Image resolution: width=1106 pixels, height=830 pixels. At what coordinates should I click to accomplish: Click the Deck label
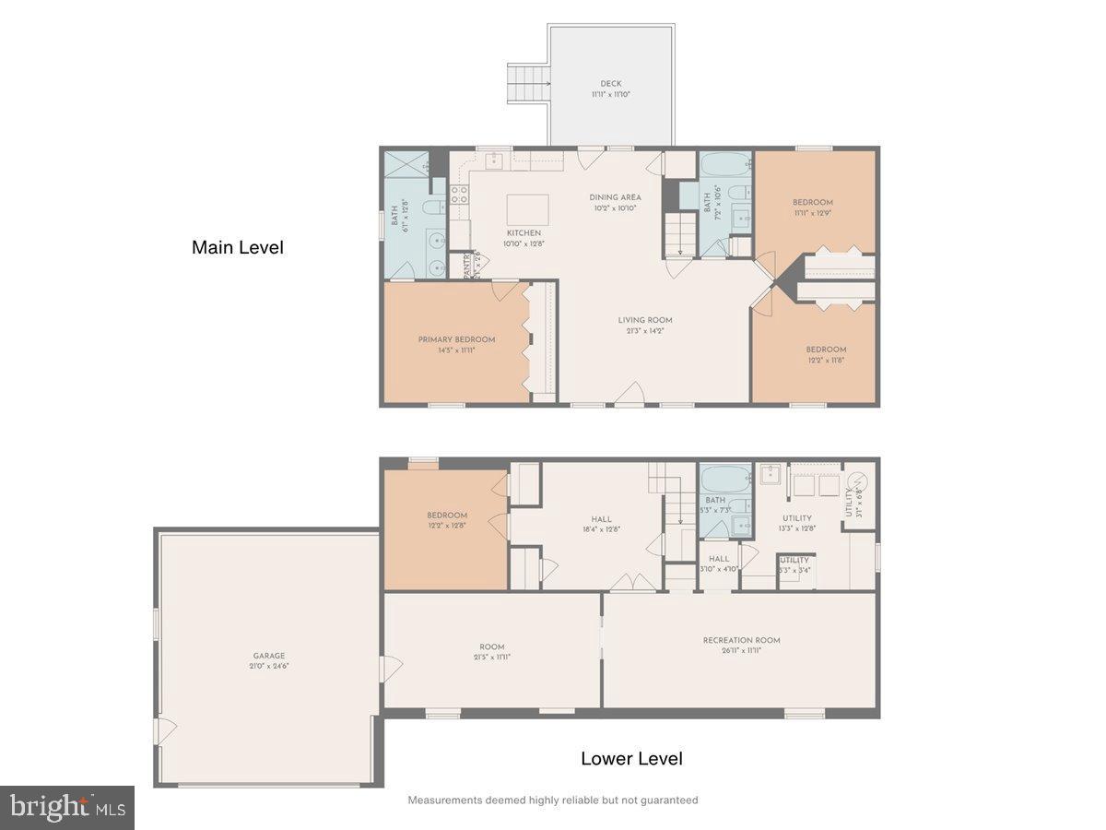[605, 84]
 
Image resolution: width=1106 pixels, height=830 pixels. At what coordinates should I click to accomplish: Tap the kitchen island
[527, 209]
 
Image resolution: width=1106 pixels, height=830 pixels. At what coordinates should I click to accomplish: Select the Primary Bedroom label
[456, 339]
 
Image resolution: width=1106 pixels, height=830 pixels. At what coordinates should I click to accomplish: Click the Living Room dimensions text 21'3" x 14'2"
[645, 331]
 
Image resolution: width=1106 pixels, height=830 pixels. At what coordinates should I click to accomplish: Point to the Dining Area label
[615, 197]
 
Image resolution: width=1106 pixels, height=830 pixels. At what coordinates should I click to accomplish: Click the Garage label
[269, 656]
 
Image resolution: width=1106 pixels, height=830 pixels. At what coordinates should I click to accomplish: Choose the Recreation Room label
[741, 640]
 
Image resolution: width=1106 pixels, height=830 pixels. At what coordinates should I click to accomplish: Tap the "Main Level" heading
[237, 247]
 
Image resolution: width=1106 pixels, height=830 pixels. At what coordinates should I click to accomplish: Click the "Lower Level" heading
[631, 759]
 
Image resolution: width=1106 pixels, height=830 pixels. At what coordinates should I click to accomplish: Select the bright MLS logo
[67, 807]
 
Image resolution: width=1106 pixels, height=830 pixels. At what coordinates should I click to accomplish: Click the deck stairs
[528, 84]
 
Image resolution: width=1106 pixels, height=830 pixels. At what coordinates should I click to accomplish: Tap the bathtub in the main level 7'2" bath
[724, 168]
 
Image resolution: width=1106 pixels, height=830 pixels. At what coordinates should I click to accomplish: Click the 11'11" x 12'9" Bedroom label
[812, 203]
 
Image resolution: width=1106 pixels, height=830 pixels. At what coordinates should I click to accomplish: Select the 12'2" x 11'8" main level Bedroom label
[825, 350]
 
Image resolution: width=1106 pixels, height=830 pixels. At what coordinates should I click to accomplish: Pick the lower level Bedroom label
[446, 516]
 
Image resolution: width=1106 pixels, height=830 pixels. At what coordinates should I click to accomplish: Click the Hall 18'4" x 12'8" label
[601, 519]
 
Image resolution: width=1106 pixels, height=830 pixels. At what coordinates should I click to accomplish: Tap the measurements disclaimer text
[553, 800]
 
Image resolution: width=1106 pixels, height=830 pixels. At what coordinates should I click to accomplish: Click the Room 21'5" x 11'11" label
[492, 646]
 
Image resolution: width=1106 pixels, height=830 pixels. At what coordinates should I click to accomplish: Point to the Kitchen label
[523, 233]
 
